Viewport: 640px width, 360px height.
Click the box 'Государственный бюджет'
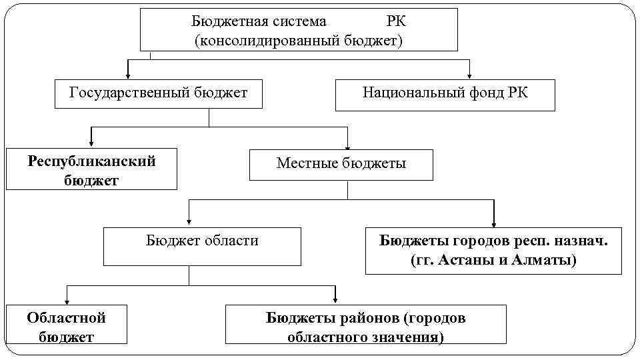point(158,93)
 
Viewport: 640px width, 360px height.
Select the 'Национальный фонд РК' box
point(445,95)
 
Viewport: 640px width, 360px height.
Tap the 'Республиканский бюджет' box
point(92,169)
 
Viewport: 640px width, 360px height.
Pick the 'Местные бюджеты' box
point(341,164)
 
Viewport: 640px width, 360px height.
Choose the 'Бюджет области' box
point(202,246)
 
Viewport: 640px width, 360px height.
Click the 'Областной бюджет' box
point(67,324)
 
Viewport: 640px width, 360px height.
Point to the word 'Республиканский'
point(92,161)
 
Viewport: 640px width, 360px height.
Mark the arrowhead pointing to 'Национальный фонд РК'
point(470,74)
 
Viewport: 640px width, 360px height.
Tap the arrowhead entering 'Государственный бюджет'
point(127,74)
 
